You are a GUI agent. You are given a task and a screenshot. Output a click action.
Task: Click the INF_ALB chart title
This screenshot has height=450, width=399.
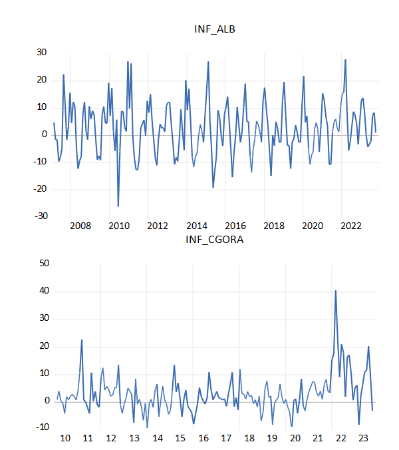point(215,29)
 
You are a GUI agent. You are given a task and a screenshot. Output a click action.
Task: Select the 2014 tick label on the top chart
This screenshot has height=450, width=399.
point(196,226)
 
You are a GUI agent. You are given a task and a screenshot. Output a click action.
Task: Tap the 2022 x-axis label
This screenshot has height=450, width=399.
point(351,226)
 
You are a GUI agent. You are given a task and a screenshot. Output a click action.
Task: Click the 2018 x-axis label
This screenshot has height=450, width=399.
point(274,226)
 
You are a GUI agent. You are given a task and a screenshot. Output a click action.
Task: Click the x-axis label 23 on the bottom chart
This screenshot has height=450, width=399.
point(363,437)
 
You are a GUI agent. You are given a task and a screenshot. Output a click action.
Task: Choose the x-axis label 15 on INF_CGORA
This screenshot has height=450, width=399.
point(180,437)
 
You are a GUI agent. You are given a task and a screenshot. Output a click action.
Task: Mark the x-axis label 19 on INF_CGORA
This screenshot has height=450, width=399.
point(271,437)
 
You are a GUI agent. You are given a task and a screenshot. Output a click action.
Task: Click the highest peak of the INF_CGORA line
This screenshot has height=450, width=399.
point(336,291)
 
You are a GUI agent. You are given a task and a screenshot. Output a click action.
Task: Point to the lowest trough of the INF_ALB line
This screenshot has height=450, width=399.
point(118,206)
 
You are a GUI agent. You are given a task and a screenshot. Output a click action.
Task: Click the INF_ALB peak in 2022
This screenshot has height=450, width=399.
point(345,60)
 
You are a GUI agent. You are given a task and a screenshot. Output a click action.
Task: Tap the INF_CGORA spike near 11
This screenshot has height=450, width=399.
point(82,340)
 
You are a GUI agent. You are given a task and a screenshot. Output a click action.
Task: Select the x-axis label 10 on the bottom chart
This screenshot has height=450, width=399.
point(65,437)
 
